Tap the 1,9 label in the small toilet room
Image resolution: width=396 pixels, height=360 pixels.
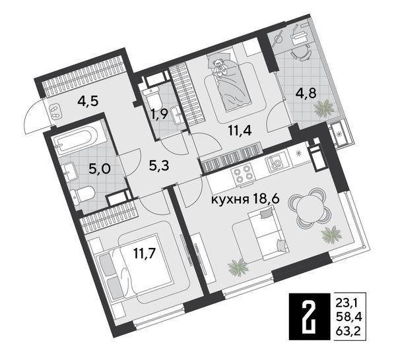160,115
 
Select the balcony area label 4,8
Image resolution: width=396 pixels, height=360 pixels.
306,94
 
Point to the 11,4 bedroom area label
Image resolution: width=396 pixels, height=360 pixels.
240,131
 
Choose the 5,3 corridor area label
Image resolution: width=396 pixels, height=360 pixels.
158,165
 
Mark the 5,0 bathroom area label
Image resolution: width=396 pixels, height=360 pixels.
100,169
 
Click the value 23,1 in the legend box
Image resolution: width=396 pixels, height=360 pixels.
347,303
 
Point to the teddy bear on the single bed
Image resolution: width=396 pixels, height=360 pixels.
219,67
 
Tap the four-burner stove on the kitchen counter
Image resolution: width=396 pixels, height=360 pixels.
242,174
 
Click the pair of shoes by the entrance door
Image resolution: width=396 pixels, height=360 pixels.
55,111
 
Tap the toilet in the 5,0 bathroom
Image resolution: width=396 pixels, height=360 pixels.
82,194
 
